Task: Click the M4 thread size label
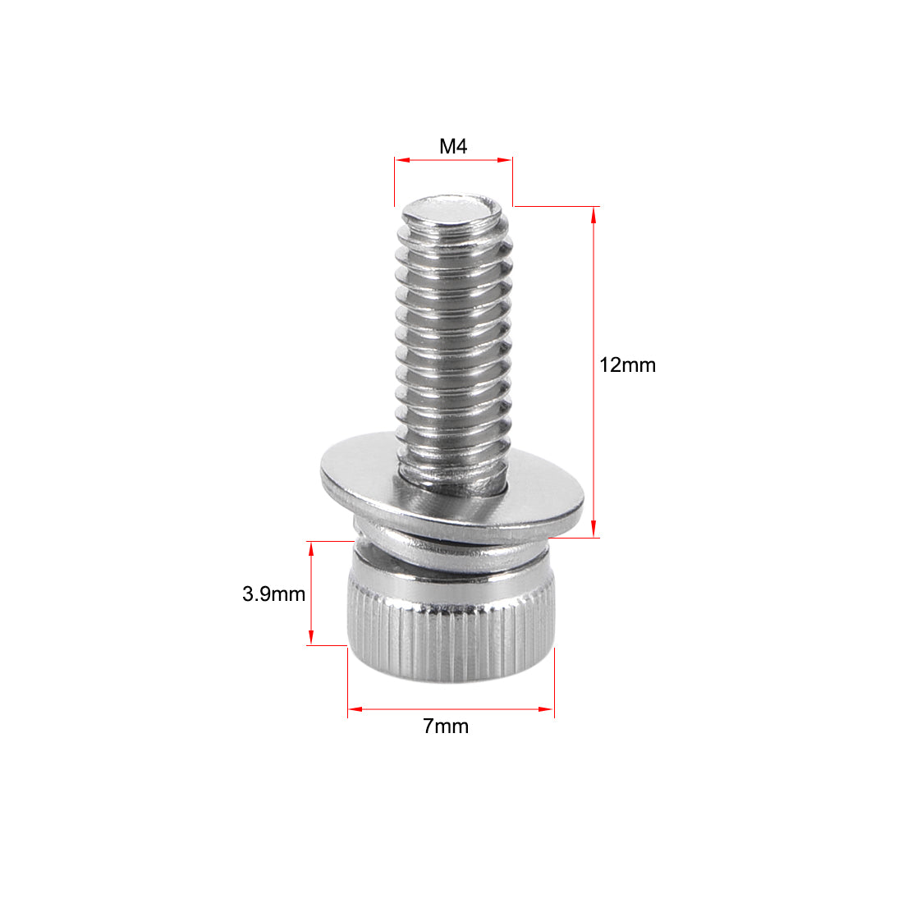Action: [x=453, y=147]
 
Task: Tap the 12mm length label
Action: [x=627, y=365]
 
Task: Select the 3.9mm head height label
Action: [x=273, y=594]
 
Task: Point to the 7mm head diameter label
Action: [x=446, y=726]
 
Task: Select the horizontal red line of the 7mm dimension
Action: [x=451, y=708]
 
